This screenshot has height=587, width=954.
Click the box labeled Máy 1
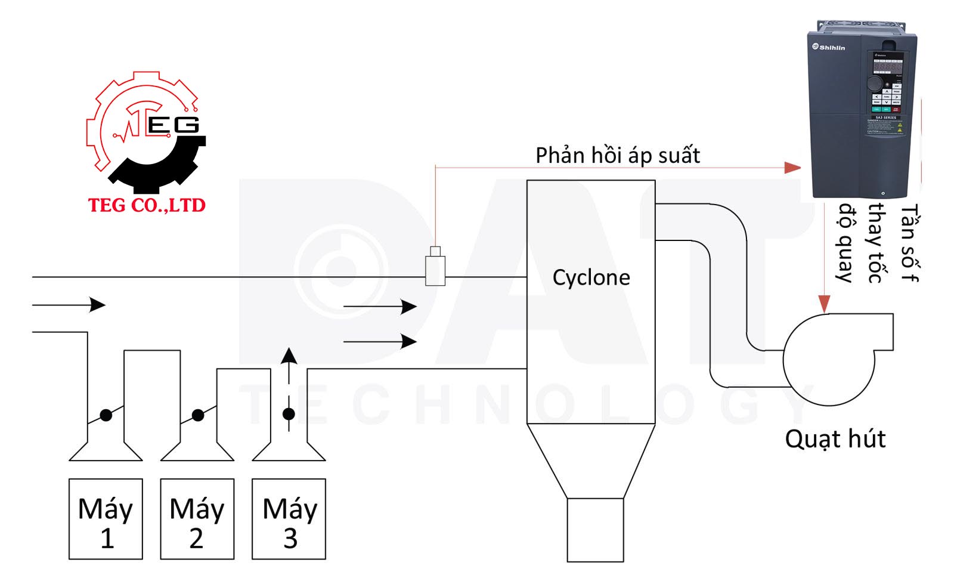pos(106,519)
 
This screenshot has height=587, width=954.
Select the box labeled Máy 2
pos(197,519)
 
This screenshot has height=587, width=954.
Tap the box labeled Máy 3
pos(289,519)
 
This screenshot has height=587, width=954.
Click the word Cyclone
pos(591,277)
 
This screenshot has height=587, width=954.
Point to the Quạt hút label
pos(835,439)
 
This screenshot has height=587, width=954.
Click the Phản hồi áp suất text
pos(617,156)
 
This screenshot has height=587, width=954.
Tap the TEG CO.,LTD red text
pos(147,205)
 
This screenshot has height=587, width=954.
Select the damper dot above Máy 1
pos(106,415)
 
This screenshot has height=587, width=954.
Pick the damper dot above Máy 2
pos(198,415)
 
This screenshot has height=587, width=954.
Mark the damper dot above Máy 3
pos(289,413)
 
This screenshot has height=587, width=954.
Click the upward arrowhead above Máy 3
pos(289,356)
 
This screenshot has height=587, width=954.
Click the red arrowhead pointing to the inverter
pos(792,168)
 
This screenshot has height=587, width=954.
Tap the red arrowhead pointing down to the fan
pos(824,304)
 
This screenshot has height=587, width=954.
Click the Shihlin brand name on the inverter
pos(832,48)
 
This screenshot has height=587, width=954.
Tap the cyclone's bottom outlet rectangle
pos(595,530)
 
